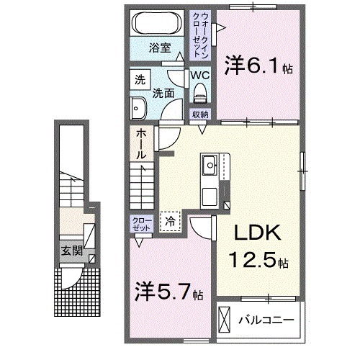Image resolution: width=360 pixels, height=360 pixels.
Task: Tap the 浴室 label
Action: pyautogui.click(x=160, y=48)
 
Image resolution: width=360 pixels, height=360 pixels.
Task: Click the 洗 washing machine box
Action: pyautogui.click(x=140, y=80)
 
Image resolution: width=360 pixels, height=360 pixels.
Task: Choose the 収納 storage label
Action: pyautogui.click(x=199, y=114)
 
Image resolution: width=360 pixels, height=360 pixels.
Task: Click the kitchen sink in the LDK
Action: pyautogui.click(x=210, y=164)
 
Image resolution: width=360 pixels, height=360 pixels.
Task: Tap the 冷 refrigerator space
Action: pyautogui.click(x=171, y=222)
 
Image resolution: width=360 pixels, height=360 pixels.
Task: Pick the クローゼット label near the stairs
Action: pyautogui.click(x=140, y=223)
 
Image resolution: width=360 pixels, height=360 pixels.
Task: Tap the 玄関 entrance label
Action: pyautogui.click(x=71, y=251)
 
